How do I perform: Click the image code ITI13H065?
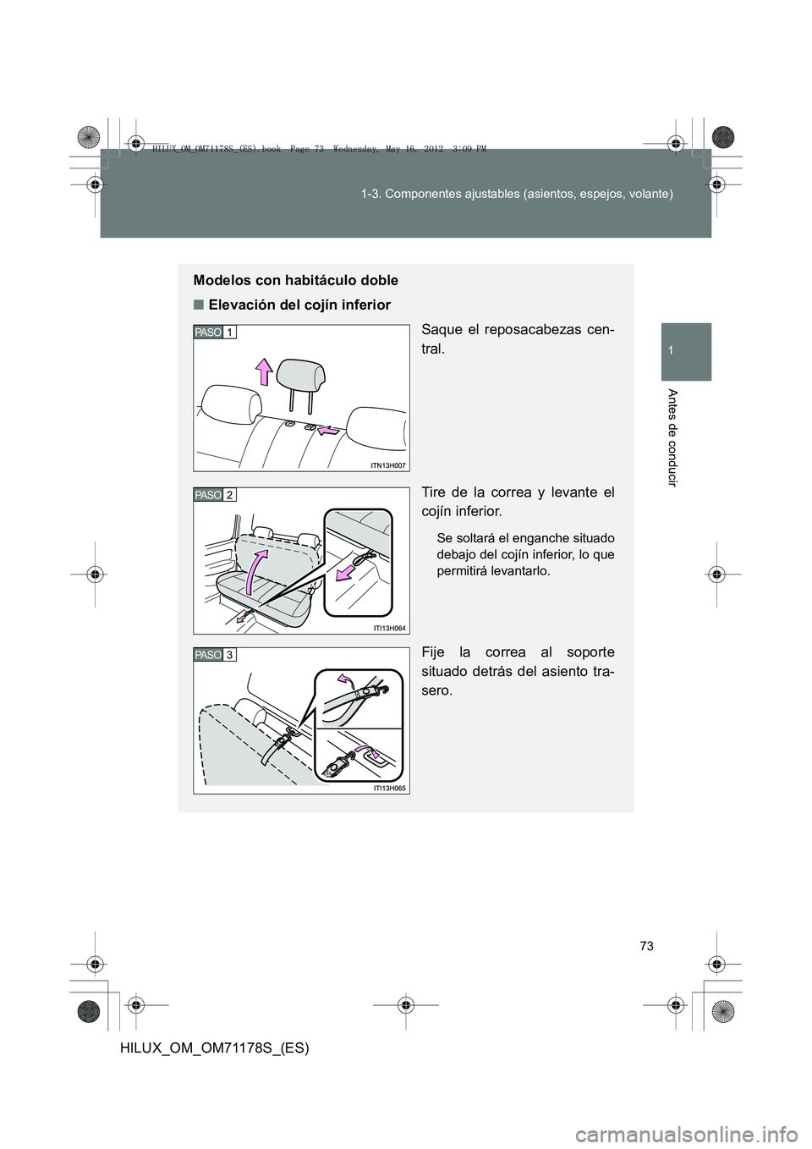click(388, 788)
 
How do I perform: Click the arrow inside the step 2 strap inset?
click(348, 573)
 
